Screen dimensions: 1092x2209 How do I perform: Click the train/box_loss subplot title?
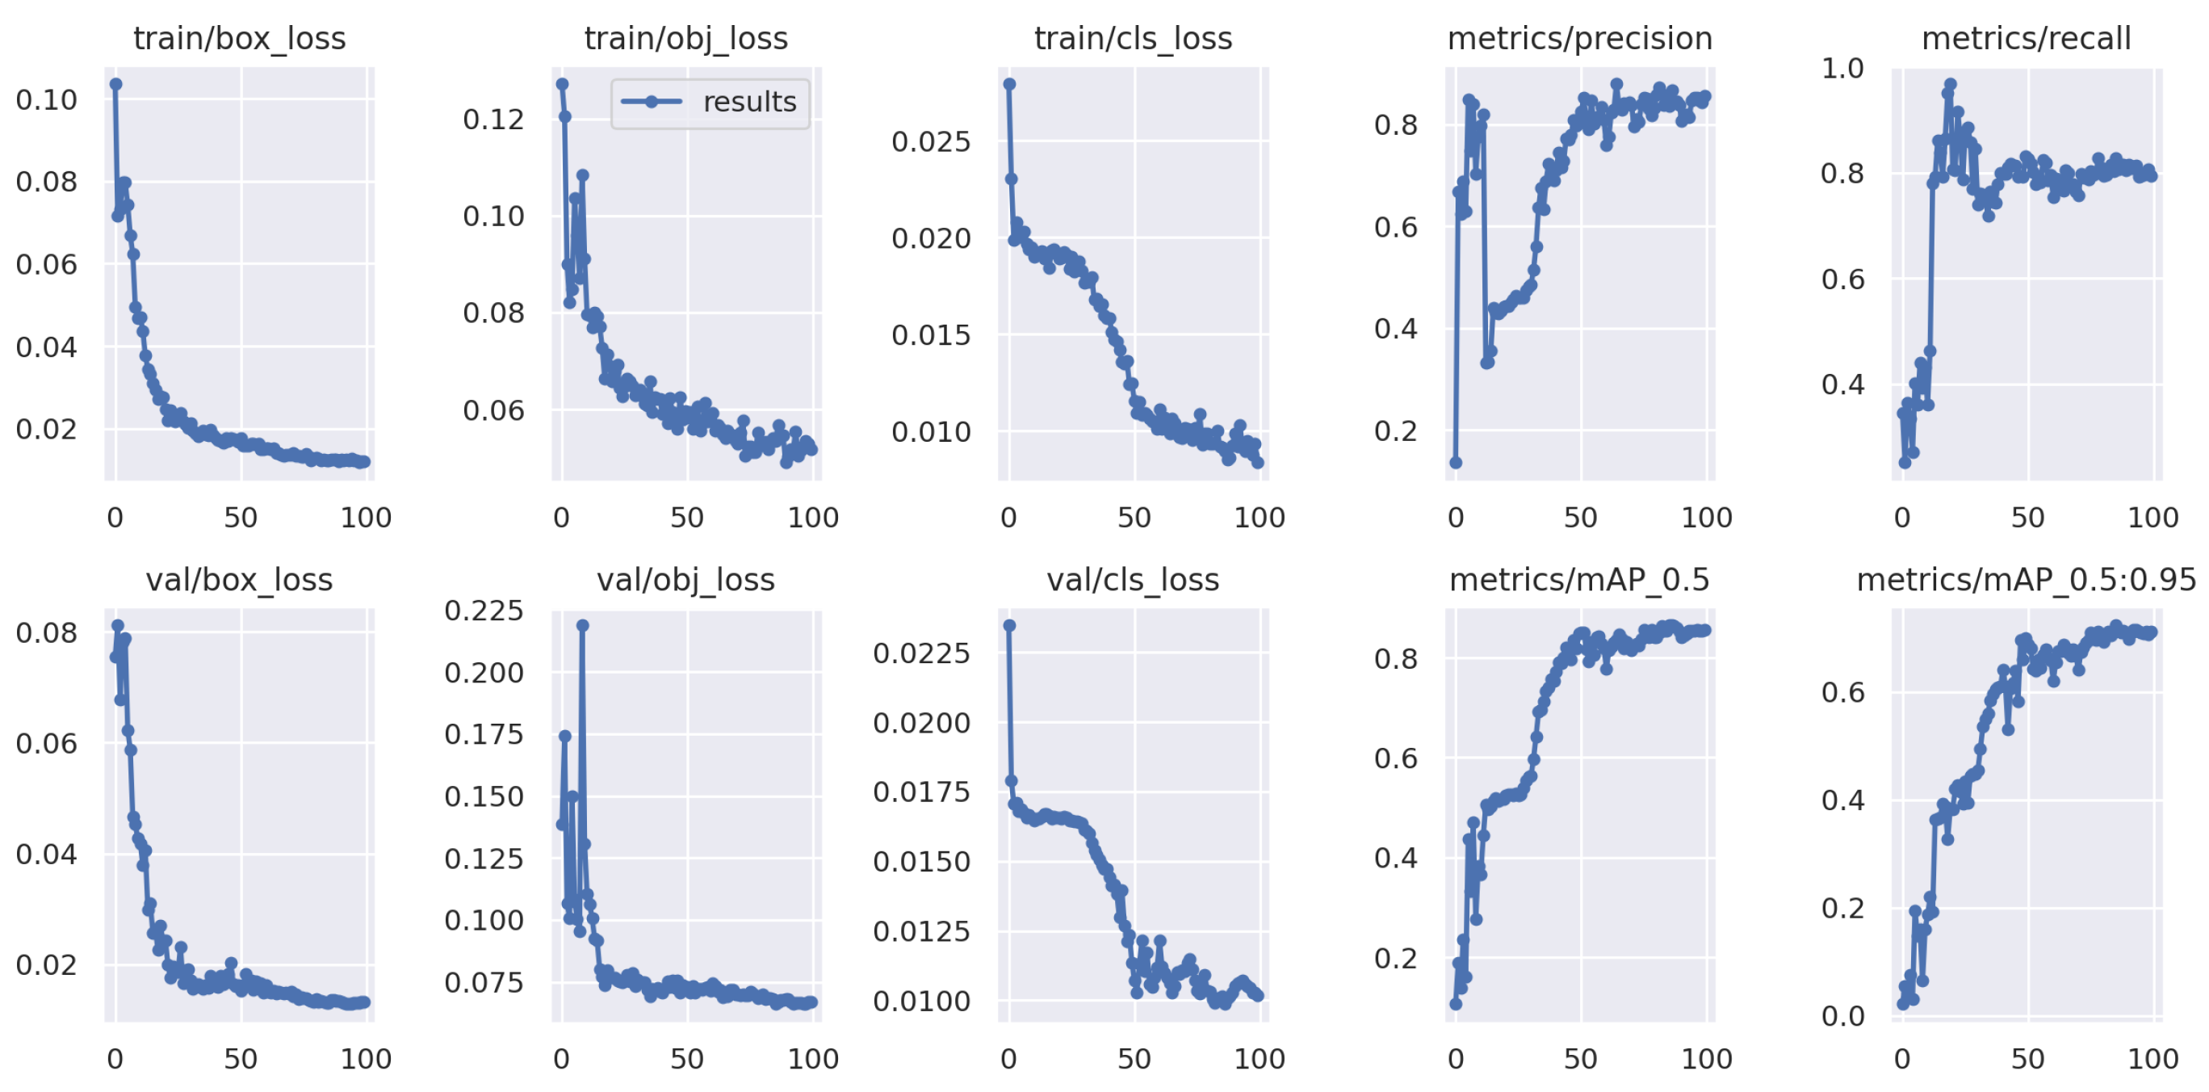pyautogui.click(x=239, y=39)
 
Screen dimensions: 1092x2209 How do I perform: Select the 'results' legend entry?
pyautogui.click(x=710, y=102)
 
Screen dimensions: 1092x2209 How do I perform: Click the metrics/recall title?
pyautogui.click(x=2026, y=39)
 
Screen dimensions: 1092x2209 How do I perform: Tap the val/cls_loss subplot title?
pyautogui.click(x=1132, y=580)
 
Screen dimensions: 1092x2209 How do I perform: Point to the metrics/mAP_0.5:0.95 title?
pyautogui.click(x=2026, y=580)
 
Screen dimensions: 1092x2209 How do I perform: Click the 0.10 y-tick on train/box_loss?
pyautogui.click(x=46, y=100)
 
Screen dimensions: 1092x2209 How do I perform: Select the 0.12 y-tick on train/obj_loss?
pyautogui.click(x=493, y=120)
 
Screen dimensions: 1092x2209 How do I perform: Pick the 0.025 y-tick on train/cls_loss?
pyautogui.click(x=930, y=141)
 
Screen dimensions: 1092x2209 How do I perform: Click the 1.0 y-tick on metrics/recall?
pyautogui.click(x=1842, y=69)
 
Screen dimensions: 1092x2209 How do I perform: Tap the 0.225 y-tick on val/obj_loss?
pyautogui.click(x=484, y=611)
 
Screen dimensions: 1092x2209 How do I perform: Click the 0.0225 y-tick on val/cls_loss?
pyautogui.click(x=921, y=653)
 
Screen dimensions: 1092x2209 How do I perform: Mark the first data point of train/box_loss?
pyautogui.click(x=115, y=84)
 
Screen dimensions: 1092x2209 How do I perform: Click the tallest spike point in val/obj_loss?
pyautogui.click(x=582, y=625)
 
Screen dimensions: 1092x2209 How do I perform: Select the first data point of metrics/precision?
pyautogui.click(x=1455, y=462)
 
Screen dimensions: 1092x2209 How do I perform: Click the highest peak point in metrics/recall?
pyautogui.click(x=1950, y=84)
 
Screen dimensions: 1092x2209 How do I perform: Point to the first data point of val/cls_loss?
pyautogui.click(x=1009, y=625)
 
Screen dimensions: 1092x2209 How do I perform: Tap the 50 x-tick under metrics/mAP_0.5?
pyautogui.click(x=1579, y=1059)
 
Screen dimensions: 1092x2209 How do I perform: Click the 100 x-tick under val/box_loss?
pyautogui.click(x=367, y=1059)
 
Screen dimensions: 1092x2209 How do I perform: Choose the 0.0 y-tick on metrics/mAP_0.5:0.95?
pyautogui.click(x=1842, y=1017)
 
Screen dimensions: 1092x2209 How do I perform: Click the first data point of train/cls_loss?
pyautogui.click(x=1009, y=84)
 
